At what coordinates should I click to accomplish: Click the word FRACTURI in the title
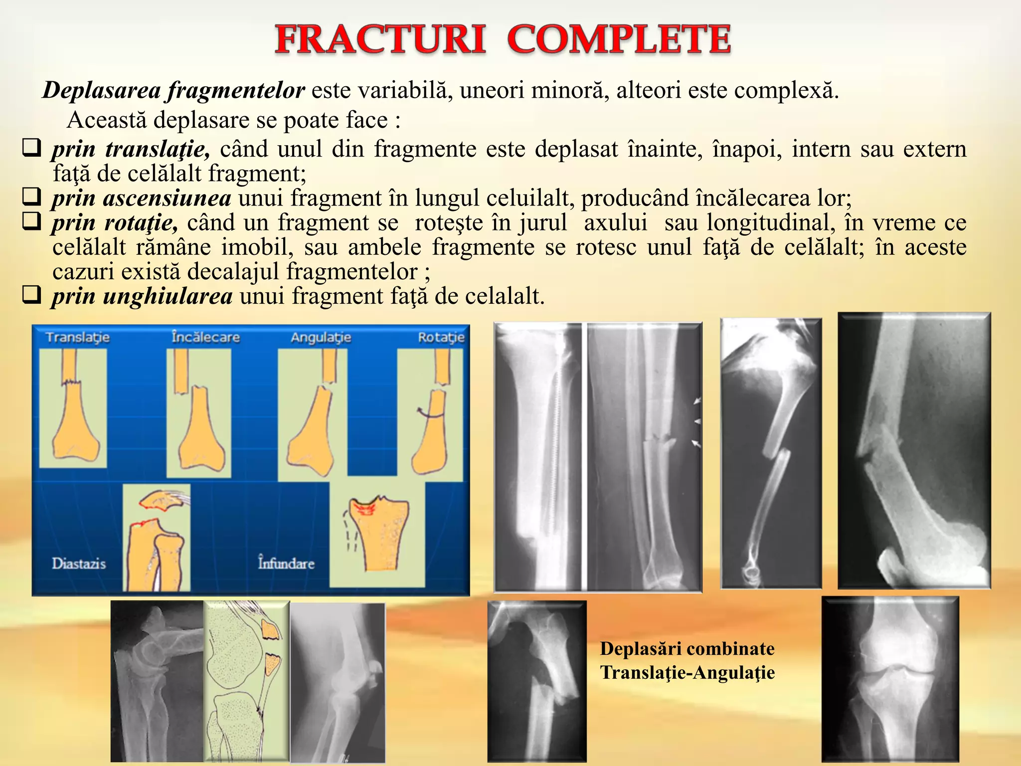click(x=380, y=40)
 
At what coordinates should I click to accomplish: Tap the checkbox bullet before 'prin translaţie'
click(x=31, y=148)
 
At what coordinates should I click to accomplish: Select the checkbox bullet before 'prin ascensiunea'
click(x=31, y=197)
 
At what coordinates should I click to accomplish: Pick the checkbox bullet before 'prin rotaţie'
click(x=31, y=221)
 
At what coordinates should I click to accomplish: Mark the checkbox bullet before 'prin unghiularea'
click(x=31, y=295)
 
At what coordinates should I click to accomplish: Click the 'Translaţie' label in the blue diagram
click(x=78, y=338)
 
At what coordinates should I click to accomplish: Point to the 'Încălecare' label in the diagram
click(x=205, y=338)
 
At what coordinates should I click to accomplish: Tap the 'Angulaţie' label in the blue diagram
click(x=321, y=338)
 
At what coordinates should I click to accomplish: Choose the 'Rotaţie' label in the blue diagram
click(x=441, y=338)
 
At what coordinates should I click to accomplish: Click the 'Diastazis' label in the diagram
click(x=79, y=564)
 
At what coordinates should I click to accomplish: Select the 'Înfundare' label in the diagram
click(x=286, y=564)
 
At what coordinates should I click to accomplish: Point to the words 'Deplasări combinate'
click(x=687, y=649)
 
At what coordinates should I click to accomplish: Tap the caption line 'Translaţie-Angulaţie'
click(x=687, y=673)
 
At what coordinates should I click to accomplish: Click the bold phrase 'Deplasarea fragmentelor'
click(x=173, y=91)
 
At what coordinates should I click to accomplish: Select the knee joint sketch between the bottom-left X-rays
click(x=246, y=681)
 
